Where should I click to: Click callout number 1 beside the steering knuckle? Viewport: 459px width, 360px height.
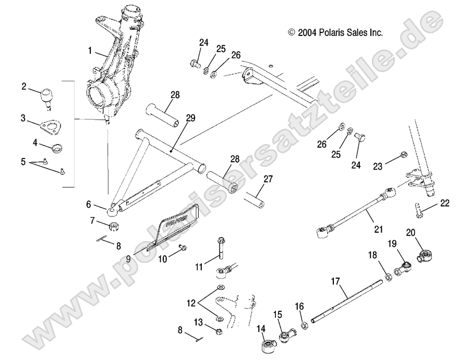coord(90,51)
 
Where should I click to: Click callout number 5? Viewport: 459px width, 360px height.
coord(23,162)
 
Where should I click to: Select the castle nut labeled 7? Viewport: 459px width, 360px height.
coord(113,226)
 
